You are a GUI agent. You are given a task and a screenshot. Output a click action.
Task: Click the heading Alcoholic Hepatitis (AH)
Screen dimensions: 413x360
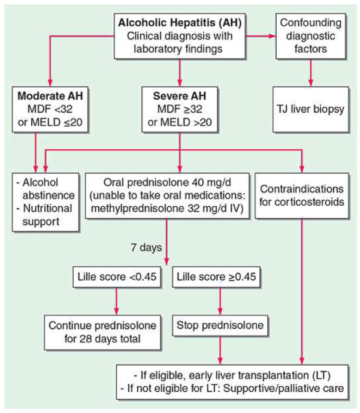point(180,22)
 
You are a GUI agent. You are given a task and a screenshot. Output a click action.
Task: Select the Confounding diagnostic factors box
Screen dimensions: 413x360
point(310,35)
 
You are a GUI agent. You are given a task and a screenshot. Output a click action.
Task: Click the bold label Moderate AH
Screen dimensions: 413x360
point(49,96)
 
